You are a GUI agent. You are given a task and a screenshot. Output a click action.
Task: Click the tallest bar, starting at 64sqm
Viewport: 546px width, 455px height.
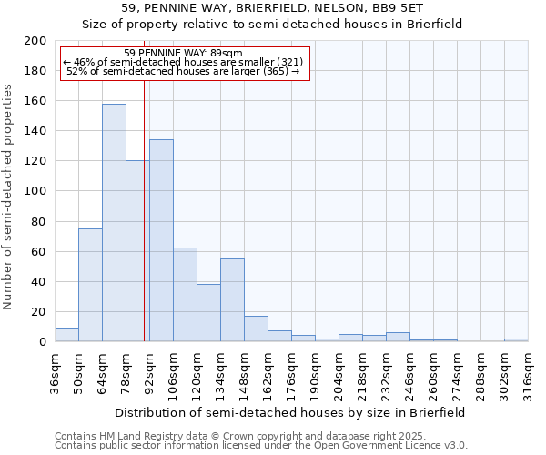click(x=114, y=223)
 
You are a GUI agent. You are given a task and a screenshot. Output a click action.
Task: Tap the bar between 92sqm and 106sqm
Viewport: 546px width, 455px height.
click(x=161, y=241)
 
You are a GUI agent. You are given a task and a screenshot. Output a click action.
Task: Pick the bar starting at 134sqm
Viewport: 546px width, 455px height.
click(x=232, y=300)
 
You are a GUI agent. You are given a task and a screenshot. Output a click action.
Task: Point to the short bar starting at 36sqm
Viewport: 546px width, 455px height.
click(x=66, y=335)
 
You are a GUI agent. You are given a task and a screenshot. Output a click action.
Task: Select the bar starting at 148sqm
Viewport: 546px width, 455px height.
click(x=256, y=329)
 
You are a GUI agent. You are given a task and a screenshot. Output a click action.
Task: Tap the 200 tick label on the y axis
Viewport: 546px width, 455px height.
click(x=35, y=41)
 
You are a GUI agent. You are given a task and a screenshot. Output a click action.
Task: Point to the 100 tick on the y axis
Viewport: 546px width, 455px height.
click(x=35, y=191)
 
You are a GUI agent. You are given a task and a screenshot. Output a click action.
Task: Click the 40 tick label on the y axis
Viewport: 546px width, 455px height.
click(x=39, y=281)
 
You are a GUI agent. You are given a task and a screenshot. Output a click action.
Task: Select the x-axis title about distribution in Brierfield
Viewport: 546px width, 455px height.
click(x=290, y=412)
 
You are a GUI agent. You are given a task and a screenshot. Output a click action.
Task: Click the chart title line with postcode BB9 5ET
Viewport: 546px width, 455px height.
click(x=272, y=9)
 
